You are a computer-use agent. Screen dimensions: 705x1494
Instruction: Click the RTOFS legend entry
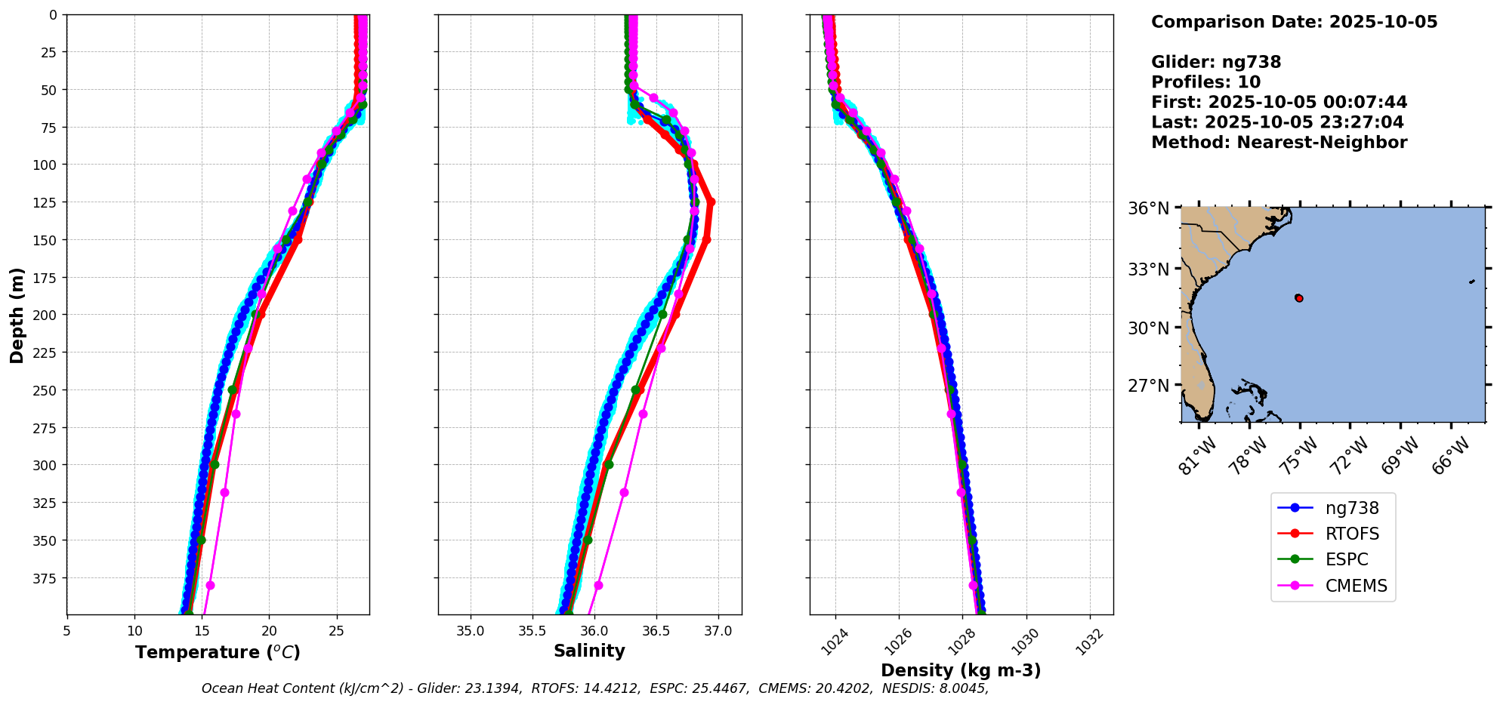1351,534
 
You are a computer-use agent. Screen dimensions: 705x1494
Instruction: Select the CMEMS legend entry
1356,586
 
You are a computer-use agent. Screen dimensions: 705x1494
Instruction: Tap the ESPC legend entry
1346,559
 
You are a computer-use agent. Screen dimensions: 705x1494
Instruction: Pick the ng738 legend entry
1352,508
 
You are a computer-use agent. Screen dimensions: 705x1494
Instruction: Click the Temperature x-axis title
218,652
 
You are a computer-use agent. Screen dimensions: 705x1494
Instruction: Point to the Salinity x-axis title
589,651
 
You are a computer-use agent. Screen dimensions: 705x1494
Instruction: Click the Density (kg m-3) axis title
961,670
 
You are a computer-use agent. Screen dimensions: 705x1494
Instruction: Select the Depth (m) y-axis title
17,315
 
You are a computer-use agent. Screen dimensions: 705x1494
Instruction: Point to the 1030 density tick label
1025,642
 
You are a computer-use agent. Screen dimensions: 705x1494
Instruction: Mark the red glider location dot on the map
1299,298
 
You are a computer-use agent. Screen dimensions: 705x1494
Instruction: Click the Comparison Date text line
1294,22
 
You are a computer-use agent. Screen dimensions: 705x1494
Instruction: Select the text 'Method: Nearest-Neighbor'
1279,143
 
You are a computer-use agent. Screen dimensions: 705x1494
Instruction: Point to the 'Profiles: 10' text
1205,82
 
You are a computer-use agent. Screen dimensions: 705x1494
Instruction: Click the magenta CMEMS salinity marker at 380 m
598,585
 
